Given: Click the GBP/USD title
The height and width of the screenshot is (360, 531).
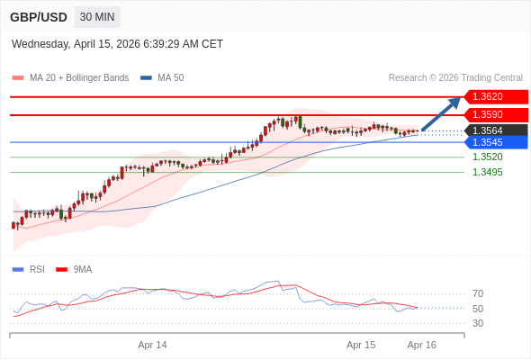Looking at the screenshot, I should [38, 17].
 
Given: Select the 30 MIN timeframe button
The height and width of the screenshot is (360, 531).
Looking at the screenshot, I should [96, 17].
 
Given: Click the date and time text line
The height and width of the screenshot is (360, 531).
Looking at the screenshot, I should [117, 44].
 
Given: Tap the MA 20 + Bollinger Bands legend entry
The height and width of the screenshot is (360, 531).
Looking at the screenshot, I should [71, 78].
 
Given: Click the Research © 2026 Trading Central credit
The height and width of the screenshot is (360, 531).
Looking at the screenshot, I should [454, 78].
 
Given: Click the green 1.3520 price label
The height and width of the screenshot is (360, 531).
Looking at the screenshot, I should [487, 157].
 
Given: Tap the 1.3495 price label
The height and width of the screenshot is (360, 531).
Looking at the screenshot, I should [487, 172].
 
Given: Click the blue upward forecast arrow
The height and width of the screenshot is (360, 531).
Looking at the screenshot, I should [442, 114].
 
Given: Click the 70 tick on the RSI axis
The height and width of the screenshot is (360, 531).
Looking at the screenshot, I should [478, 293].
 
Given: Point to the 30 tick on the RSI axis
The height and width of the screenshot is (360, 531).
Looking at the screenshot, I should [478, 323].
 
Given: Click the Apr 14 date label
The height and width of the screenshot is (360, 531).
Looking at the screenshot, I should [152, 345].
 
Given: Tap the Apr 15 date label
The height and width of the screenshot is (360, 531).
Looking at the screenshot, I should [361, 345].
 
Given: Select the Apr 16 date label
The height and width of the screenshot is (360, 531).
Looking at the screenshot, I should [421, 345].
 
